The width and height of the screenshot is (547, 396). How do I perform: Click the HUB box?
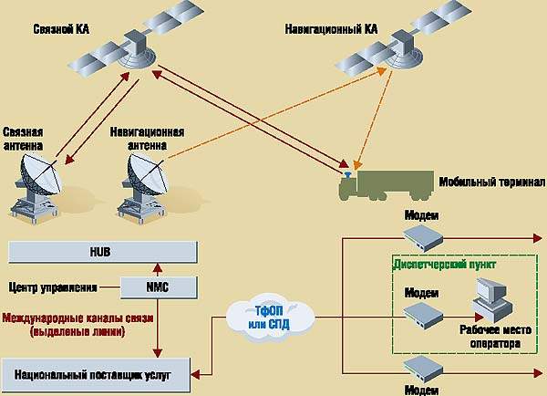point(100,251)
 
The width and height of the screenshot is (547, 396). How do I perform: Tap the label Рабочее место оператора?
point(490,339)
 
